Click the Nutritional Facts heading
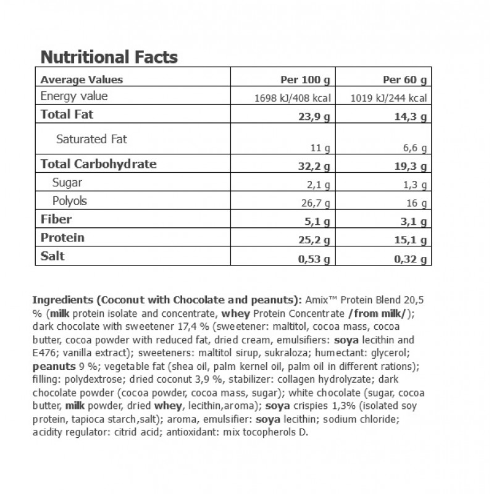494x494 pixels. (109, 57)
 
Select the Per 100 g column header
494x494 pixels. (308, 80)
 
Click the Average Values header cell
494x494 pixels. (82, 79)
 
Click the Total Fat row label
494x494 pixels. (67, 114)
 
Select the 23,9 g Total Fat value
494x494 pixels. (316, 116)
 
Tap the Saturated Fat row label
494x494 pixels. (91, 139)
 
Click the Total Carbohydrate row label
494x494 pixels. (98, 164)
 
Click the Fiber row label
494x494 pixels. (56, 219)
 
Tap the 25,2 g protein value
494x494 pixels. (316, 240)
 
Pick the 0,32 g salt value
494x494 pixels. (412, 260)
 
